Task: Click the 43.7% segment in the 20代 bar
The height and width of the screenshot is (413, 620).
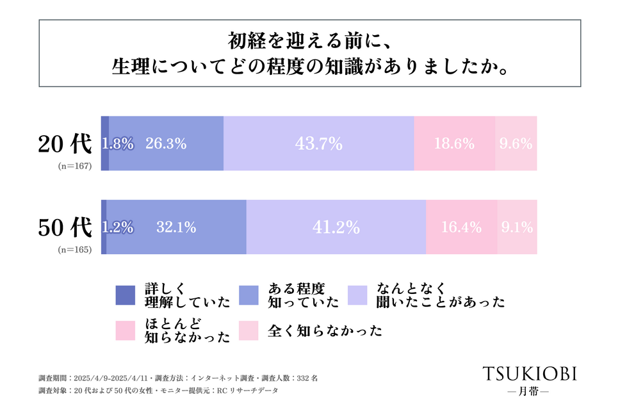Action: [x=318, y=143]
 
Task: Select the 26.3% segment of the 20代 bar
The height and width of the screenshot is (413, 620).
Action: [x=166, y=143]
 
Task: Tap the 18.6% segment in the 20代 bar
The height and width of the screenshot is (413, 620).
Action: [x=454, y=143]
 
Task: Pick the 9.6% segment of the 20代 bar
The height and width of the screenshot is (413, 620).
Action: [x=516, y=143]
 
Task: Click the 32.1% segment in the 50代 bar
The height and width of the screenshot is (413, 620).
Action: [x=176, y=227]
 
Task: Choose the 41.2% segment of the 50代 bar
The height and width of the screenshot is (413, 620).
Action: [x=336, y=227]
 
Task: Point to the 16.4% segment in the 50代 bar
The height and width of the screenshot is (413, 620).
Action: [x=461, y=227]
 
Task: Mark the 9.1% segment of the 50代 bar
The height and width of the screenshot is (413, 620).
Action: [x=517, y=227]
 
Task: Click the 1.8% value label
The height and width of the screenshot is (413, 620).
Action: [x=118, y=144]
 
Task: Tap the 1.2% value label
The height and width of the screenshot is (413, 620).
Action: [x=118, y=227]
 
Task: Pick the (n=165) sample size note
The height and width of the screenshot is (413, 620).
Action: [x=75, y=250]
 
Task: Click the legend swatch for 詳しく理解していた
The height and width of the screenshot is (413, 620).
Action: [x=126, y=295]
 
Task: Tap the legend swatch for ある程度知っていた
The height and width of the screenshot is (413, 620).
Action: [x=249, y=295]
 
